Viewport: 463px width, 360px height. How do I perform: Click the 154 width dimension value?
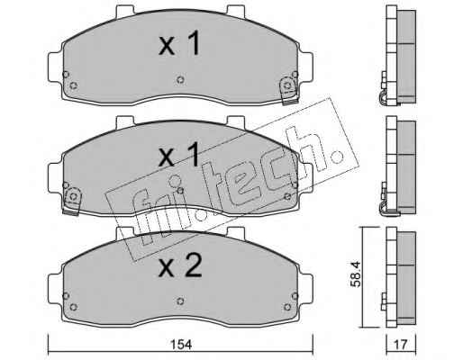click(x=181, y=345)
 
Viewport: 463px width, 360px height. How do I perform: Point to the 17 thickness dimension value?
click(x=401, y=345)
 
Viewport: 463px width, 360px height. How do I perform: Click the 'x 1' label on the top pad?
click(x=179, y=44)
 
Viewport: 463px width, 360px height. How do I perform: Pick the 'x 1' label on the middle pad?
click(x=179, y=155)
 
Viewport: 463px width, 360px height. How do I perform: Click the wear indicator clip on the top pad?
click(x=289, y=91)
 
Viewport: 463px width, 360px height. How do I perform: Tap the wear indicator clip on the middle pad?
click(x=72, y=201)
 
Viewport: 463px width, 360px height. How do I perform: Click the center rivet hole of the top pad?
click(x=180, y=80)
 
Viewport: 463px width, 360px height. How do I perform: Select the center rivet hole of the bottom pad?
click(x=180, y=301)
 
